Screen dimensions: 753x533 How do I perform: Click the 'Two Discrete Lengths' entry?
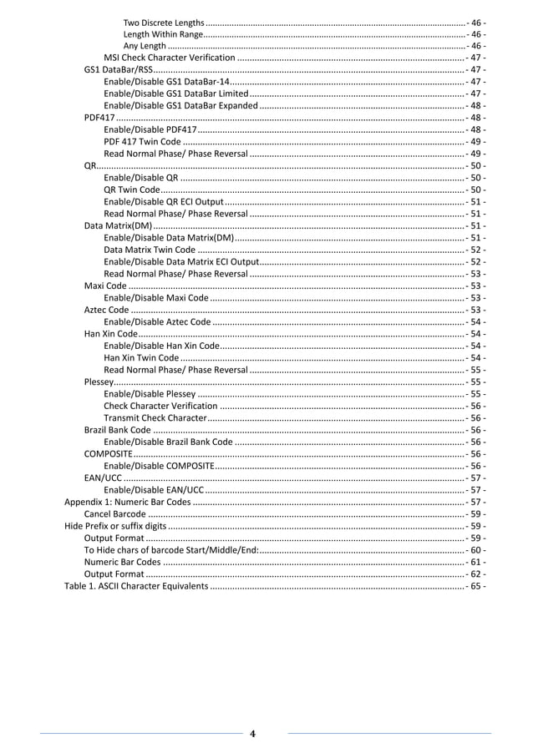click(x=163, y=22)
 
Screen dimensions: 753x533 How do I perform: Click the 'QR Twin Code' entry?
click(x=132, y=190)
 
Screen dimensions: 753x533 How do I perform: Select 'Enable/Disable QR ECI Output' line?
click(x=164, y=202)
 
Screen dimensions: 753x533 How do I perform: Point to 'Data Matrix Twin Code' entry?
click(x=150, y=250)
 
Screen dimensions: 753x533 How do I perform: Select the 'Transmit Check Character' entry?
click(x=155, y=417)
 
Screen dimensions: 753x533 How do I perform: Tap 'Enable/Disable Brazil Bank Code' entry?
click(x=168, y=442)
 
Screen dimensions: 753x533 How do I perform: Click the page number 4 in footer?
click(x=253, y=735)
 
